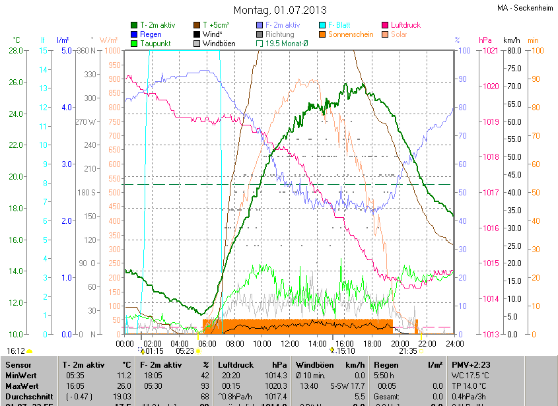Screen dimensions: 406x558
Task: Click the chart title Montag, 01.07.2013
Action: coord(280,10)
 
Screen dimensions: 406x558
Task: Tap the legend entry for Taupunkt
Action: coord(155,44)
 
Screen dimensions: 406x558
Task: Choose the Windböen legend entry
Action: coord(219,44)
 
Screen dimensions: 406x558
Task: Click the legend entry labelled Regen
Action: coord(151,34)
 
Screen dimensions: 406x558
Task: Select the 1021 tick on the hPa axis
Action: coord(491,51)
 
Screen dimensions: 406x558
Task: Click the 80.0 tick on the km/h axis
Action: coord(512,51)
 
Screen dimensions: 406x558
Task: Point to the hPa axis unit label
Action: coord(485,40)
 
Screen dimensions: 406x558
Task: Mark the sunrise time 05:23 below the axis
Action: coord(186,351)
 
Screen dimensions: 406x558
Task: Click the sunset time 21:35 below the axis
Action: coord(407,351)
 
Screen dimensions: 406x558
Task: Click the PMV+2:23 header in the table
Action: coord(473,364)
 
